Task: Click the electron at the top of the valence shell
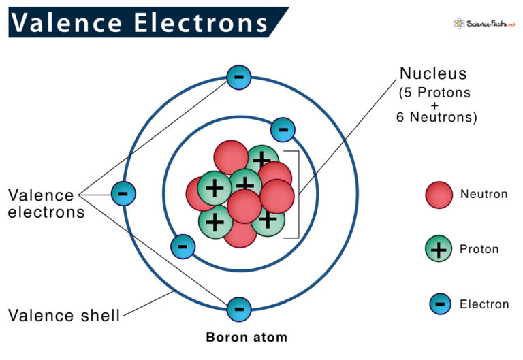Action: pyautogui.click(x=239, y=78)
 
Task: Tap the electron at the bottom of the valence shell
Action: pyautogui.click(x=239, y=310)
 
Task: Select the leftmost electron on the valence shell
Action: pyautogui.click(x=123, y=194)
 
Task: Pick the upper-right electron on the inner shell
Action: pyautogui.click(x=283, y=130)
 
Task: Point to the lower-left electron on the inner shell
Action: pyautogui.click(x=183, y=246)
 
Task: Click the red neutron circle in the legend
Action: pyautogui.click(x=439, y=195)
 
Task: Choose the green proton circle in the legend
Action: pyautogui.click(x=439, y=248)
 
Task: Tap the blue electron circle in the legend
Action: pyautogui.click(x=441, y=304)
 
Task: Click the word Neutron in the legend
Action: pyautogui.click(x=484, y=194)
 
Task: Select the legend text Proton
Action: pyautogui.click(x=479, y=249)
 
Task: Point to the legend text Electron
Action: pyautogui.click(x=484, y=304)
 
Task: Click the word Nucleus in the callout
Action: pyautogui.click(x=433, y=73)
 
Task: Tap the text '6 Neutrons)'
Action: pyautogui.click(x=437, y=117)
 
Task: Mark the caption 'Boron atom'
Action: pyautogui.click(x=247, y=338)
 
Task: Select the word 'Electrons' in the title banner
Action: pyautogui.click(x=201, y=22)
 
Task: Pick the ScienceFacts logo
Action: pyautogui.click(x=484, y=24)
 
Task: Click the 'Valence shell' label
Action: pyautogui.click(x=64, y=315)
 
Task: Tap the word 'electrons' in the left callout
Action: pyautogui.click(x=46, y=213)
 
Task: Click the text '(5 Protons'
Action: pyautogui.click(x=434, y=93)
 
